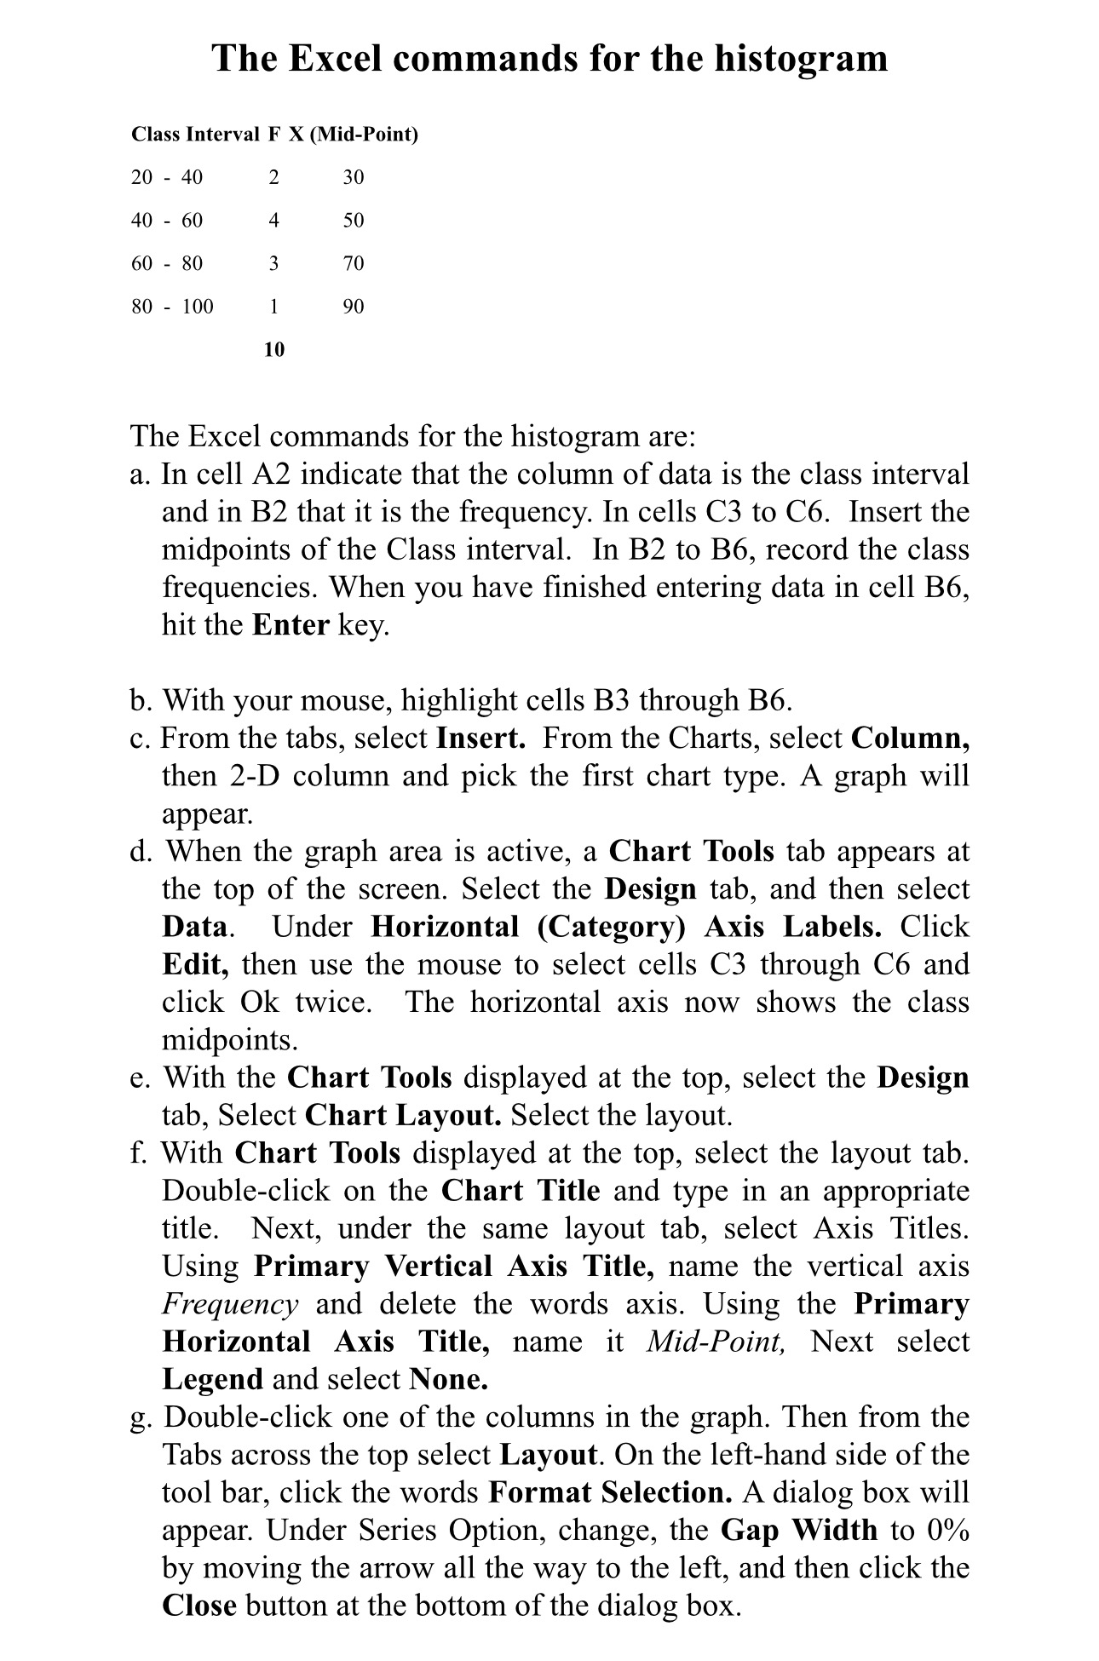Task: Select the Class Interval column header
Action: [x=195, y=135]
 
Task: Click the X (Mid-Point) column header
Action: [x=354, y=135]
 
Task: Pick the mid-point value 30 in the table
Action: [x=353, y=177]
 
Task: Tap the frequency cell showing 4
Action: [x=273, y=221]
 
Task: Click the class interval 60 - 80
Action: [x=167, y=263]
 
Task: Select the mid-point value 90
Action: [x=353, y=307]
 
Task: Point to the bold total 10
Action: [x=273, y=350]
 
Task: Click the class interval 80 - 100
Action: [x=172, y=307]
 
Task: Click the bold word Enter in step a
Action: [x=291, y=625]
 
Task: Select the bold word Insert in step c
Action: [x=480, y=738]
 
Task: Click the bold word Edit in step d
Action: [x=195, y=964]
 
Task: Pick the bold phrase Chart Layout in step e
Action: [x=403, y=1115]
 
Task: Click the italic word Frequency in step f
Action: [x=230, y=1304]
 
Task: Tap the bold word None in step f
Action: [x=448, y=1379]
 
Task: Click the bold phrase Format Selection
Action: [x=610, y=1492]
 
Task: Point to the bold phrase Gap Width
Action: [x=798, y=1530]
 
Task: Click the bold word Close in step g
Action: [x=199, y=1606]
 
